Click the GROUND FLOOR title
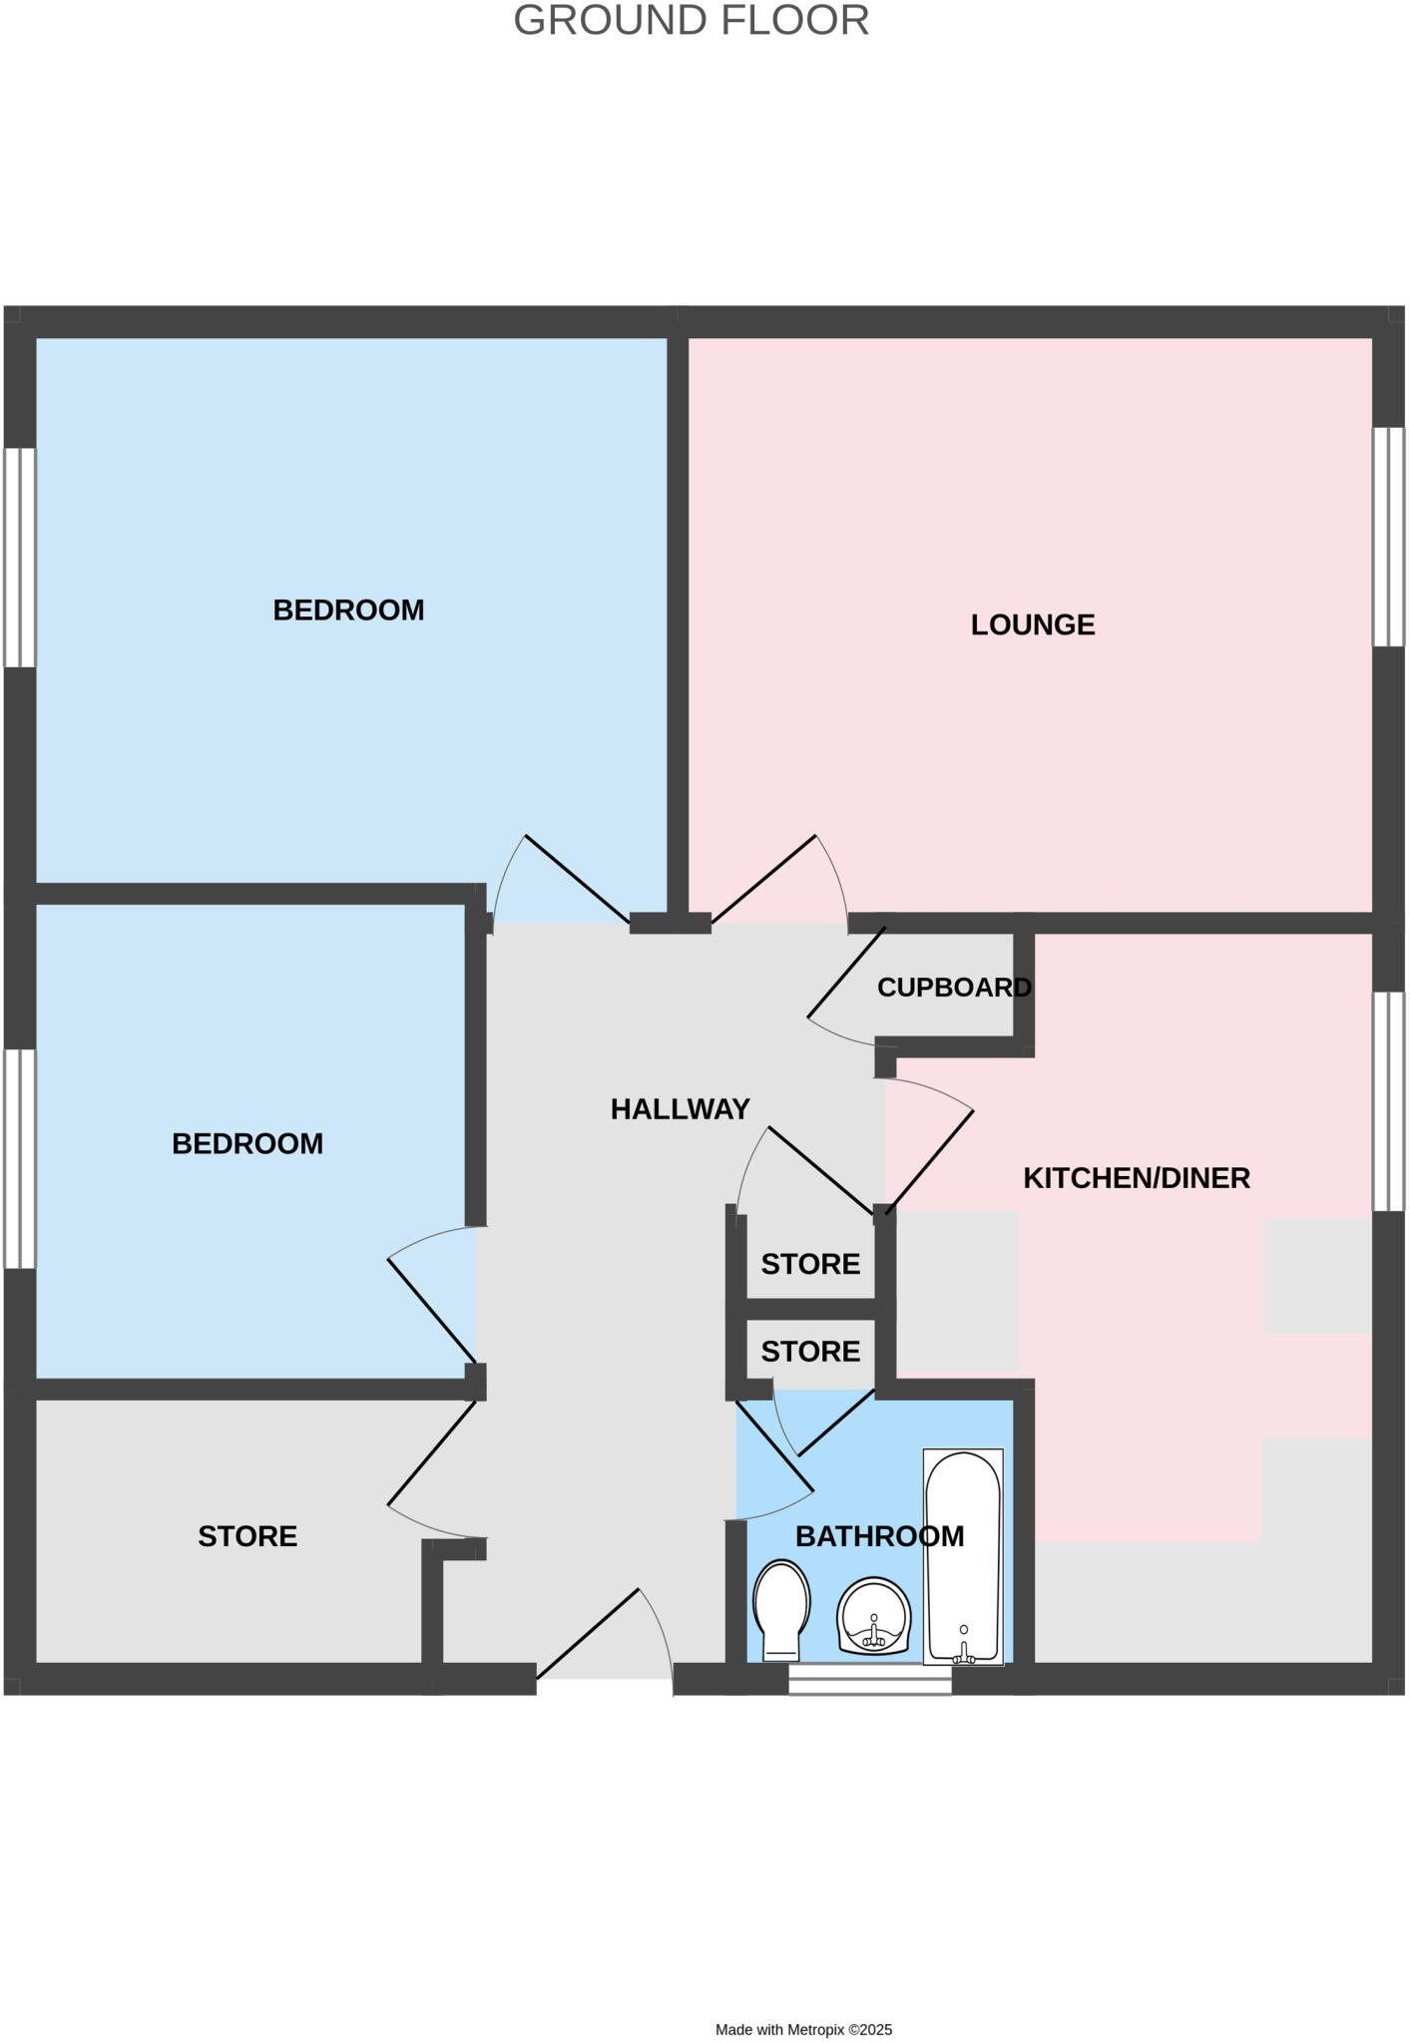pos(691,21)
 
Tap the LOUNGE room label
pos(1033,624)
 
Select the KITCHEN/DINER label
pos(1137,1178)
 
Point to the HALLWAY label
pos(680,1109)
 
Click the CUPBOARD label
pos(954,988)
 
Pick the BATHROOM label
pos(879,1536)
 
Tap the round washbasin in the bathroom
pos(873,1615)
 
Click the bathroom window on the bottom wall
pos(869,1685)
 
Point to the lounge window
pos(1388,538)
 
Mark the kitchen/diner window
pos(1388,1101)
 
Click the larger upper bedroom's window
pos(20,558)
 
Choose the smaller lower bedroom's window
pos(20,1158)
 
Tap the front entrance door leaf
pos(588,1633)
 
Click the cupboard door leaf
pos(846,973)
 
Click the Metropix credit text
pos(803,2029)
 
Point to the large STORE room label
pos(247,1536)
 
